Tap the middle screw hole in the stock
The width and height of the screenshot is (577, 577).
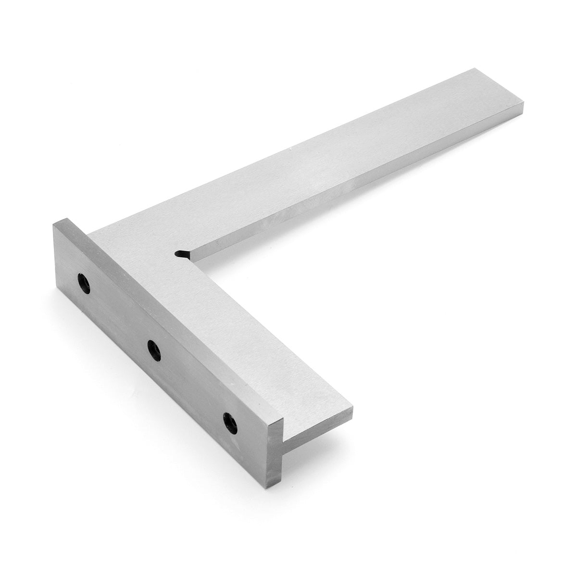154,349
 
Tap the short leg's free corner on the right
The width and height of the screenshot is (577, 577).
352,409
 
